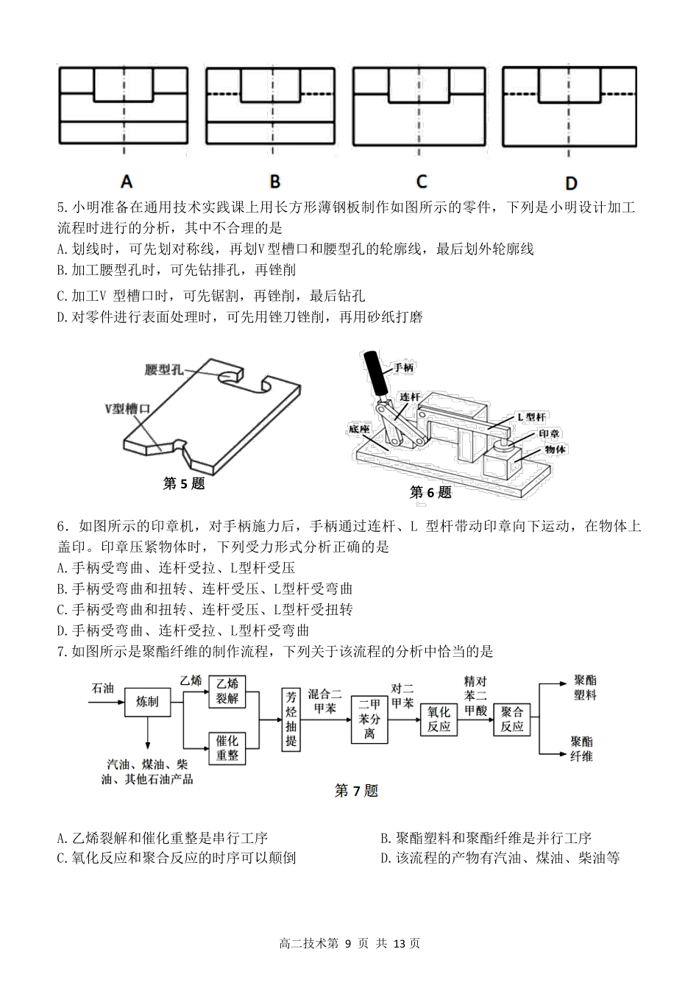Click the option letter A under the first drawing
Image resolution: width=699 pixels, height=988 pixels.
tap(126, 181)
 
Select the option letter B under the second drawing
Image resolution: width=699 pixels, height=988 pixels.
tap(274, 181)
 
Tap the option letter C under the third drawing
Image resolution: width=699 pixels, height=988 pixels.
tap(421, 181)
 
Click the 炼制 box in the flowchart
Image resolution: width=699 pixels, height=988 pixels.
tap(147, 701)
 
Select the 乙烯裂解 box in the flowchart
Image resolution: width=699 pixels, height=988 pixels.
tap(227, 691)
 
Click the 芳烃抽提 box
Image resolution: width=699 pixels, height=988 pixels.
tap(291, 719)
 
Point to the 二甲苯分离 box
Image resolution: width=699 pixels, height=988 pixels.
tap(369, 718)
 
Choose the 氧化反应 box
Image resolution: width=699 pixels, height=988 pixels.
tap(439, 719)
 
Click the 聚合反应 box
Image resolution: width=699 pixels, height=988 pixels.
tap(512, 719)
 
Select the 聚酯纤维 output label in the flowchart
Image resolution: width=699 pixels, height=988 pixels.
tap(582, 748)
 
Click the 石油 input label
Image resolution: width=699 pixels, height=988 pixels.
tap(102, 688)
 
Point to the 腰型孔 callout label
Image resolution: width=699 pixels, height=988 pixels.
tap(164, 369)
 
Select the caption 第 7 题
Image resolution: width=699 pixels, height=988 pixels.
tap(356, 791)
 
